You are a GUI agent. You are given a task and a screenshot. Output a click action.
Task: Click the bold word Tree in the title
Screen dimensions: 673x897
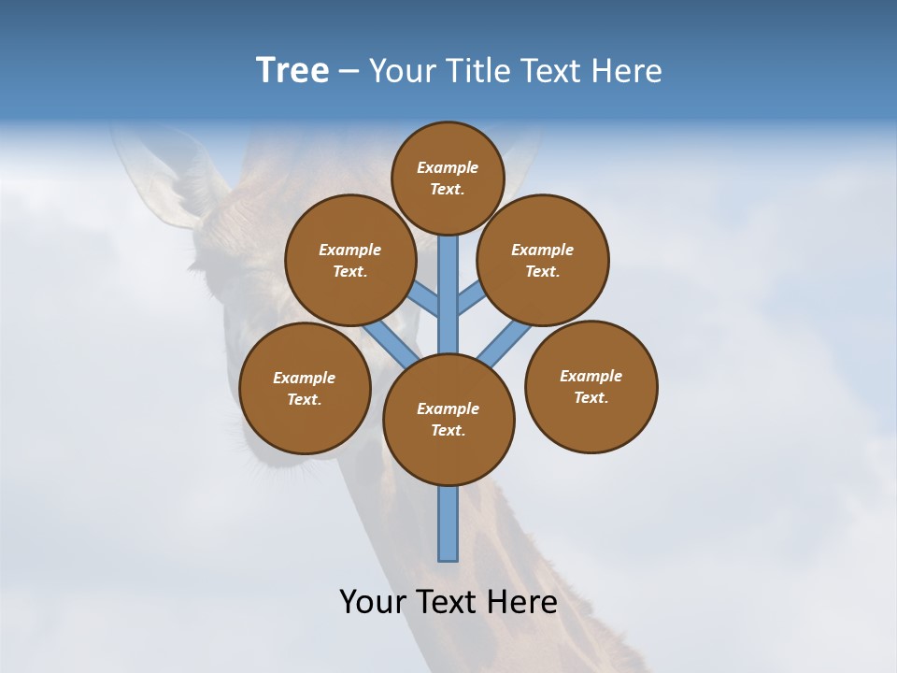pos(292,70)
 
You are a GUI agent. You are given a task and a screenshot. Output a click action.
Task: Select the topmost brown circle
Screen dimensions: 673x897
pos(448,178)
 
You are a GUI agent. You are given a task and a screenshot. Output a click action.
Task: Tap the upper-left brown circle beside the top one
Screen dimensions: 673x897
pos(349,260)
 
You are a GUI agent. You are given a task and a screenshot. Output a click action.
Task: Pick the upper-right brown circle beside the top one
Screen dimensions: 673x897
pos(543,260)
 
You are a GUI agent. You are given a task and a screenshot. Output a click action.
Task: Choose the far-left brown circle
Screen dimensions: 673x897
pos(305,388)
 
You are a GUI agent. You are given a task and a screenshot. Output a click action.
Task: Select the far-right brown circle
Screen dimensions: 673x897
pos(591,386)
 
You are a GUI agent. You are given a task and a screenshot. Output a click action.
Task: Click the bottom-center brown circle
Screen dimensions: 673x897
pos(448,419)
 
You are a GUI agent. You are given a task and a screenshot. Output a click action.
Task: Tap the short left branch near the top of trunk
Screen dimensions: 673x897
pos(425,299)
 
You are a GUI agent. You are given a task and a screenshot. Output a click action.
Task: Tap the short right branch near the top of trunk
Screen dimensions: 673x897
pos(471,299)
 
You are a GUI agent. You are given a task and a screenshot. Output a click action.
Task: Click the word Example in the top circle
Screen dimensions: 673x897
pos(448,167)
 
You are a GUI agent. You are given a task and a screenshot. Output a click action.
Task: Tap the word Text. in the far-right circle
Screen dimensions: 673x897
pos(591,397)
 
